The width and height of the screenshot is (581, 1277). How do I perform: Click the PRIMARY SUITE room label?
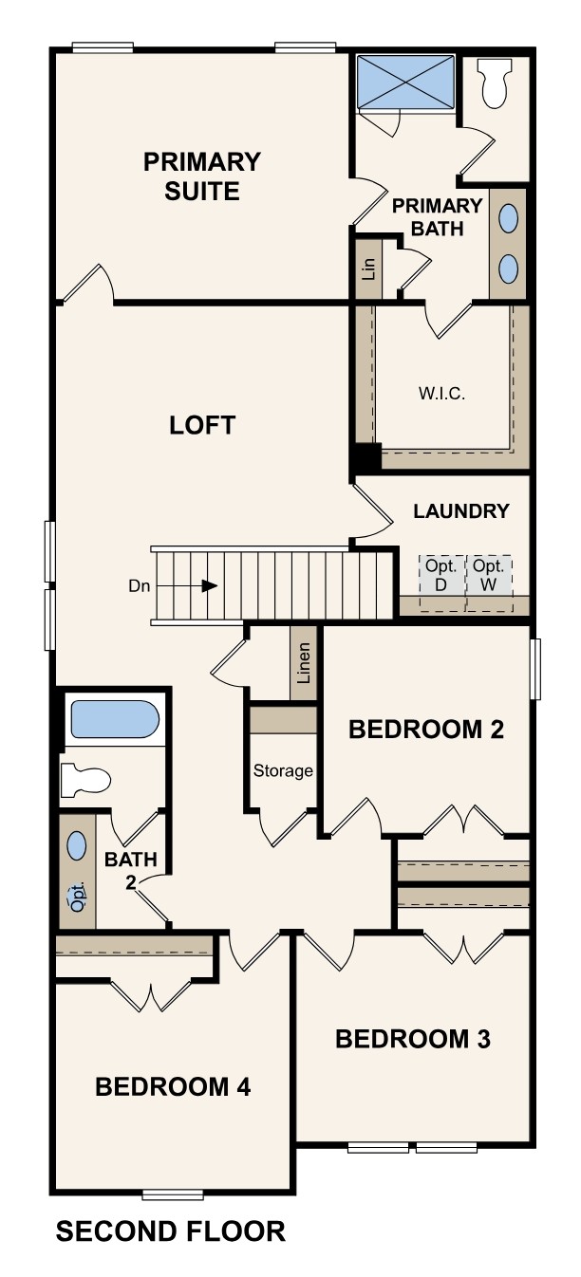coord(201,176)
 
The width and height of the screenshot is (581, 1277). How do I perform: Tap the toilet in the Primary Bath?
coord(496,83)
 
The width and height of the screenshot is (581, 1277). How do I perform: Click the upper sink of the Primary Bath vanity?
coord(509,220)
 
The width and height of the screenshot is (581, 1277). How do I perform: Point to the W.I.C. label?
coord(441,394)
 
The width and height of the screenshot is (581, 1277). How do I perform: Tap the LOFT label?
coord(201,425)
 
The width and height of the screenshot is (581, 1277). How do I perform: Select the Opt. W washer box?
coord(489,574)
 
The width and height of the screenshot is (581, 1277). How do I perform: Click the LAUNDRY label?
coord(461,511)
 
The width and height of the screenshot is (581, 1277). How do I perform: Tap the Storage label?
coord(283,770)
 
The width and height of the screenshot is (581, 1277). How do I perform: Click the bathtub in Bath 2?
coord(114,720)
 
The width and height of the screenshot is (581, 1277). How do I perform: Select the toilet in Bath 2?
coord(84,780)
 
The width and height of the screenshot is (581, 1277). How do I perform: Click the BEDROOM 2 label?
coord(425,730)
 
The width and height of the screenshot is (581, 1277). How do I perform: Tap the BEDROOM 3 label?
coord(413,1039)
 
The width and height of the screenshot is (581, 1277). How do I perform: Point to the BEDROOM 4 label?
coord(173,1087)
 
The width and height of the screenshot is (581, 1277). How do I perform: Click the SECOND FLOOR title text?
coord(171,1231)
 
